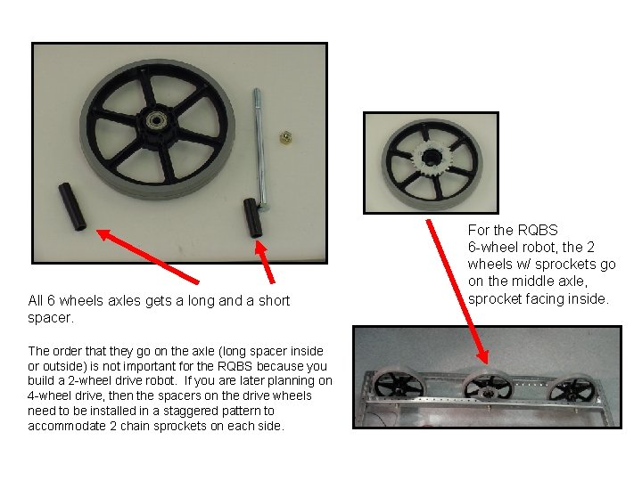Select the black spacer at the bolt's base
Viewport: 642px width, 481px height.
[254, 218]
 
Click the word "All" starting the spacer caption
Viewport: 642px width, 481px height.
[38, 301]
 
